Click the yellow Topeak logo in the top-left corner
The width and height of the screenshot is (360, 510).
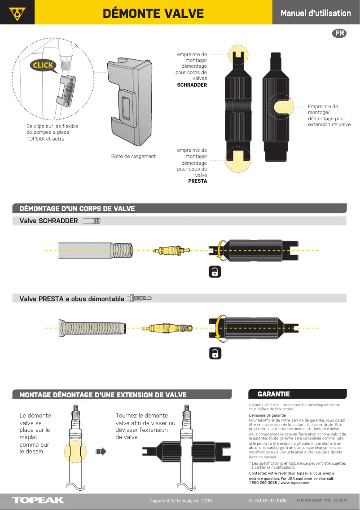pos(17,12)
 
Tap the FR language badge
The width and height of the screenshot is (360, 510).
pos(340,33)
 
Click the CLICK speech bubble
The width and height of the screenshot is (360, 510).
pos(43,65)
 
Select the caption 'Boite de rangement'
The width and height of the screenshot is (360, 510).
pos(133,156)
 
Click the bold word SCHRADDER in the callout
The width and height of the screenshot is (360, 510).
pos(192,85)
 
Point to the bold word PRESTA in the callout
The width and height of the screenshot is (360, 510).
pos(198,181)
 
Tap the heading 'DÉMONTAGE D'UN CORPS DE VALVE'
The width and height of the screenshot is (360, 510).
pos(77,208)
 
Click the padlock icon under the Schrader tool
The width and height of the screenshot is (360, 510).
pos(215,272)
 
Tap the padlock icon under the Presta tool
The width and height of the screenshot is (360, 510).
pos(215,353)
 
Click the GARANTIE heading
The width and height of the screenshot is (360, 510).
pos(273,394)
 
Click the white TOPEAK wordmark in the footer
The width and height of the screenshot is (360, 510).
pos(38,500)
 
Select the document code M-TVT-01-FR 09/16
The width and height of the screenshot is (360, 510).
pos(268,501)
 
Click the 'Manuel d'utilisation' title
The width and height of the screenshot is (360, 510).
pos(316,13)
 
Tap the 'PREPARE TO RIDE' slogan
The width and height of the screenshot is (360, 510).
pos(322,501)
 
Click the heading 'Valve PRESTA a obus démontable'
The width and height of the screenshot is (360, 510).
pos(72,299)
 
